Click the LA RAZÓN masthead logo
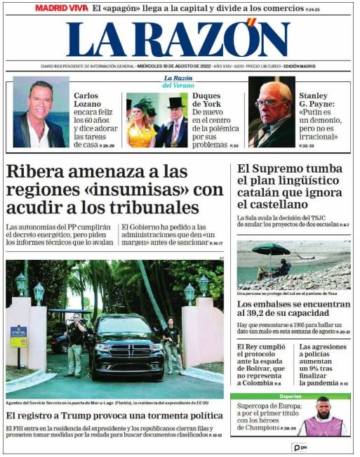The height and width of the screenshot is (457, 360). (x=178, y=40)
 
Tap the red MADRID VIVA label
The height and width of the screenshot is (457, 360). (x=62, y=8)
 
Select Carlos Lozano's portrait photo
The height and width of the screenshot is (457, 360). (x=40, y=112)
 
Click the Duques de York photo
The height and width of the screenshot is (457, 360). (x=157, y=119)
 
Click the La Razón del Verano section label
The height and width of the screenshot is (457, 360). (x=178, y=81)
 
